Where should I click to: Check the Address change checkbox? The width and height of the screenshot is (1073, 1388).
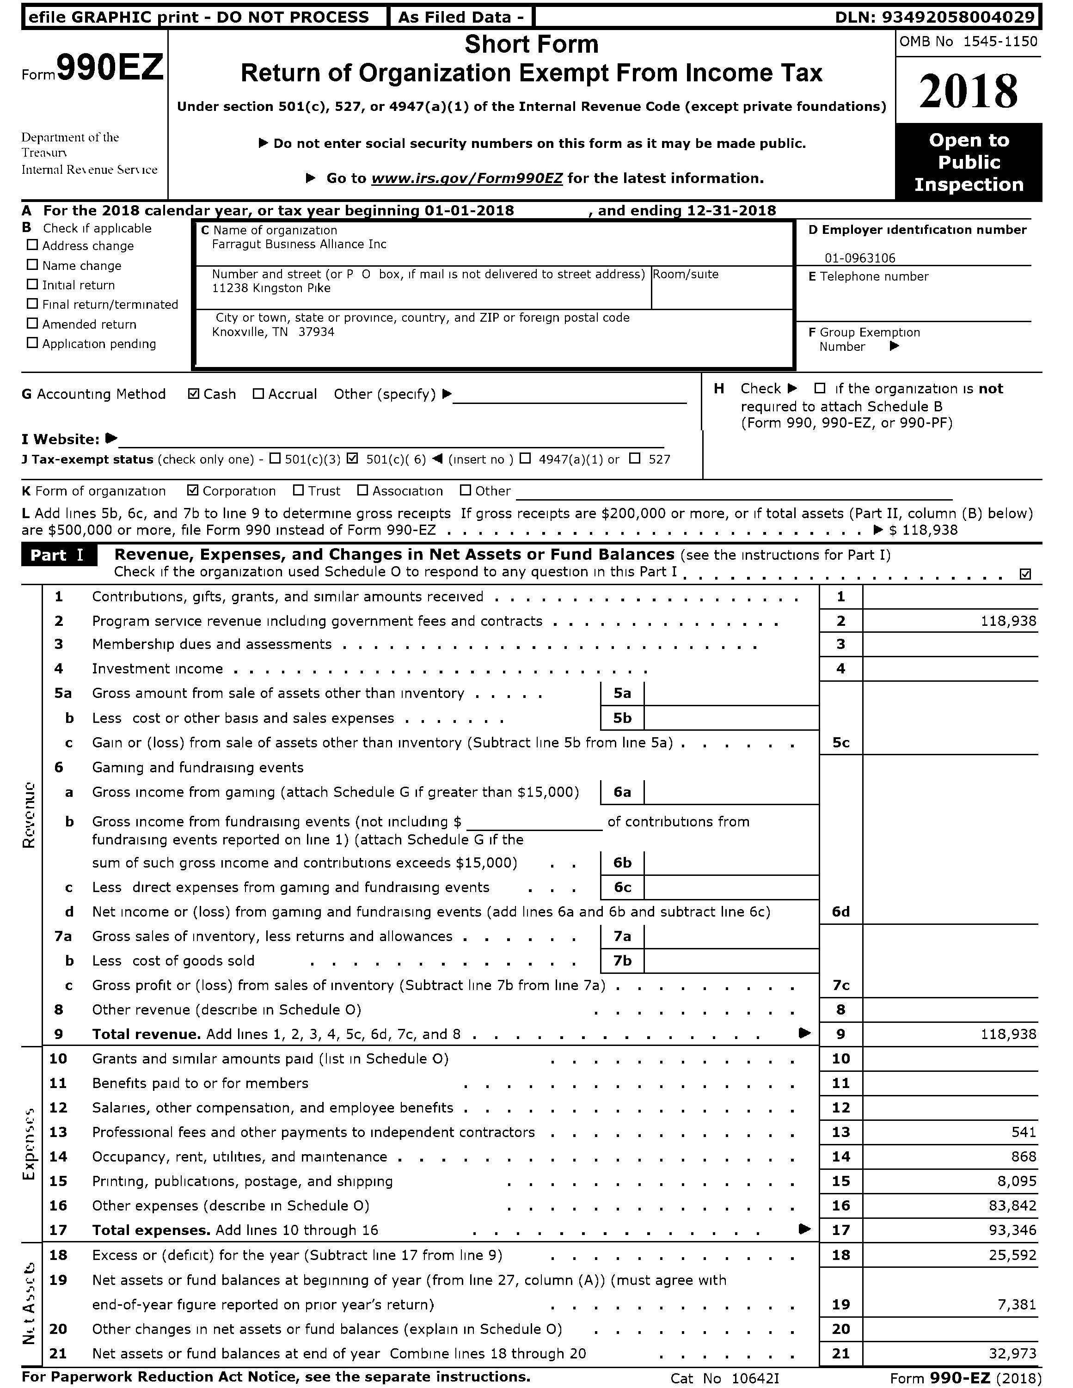tap(32, 245)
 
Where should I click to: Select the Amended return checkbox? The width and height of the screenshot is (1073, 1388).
tap(32, 324)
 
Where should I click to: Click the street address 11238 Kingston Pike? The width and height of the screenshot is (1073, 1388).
tap(271, 288)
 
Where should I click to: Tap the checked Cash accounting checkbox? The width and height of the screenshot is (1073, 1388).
tap(194, 394)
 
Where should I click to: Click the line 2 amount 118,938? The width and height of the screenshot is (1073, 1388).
tap(1008, 621)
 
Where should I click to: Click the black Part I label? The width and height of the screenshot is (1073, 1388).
tap(58, 555)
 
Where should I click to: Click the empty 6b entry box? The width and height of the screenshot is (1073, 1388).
tap(730, 862)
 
